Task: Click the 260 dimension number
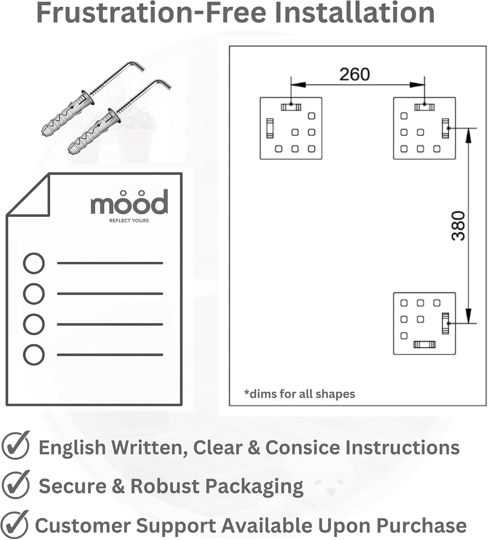(x=355, y=74)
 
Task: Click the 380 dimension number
(x=458, y=226)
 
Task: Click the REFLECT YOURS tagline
(x=129, y=221)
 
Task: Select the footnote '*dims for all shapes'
(x=299, y=394)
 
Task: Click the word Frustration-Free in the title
(x=151, y=13)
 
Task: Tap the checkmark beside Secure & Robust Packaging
(x=16, y=484)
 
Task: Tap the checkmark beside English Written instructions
(x=16, y=445)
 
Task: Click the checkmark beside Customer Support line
(x=15, y=524)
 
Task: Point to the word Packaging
(x=254, y=487)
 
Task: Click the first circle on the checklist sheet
(x=34, y=263)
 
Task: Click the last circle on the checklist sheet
(x=34, y=355)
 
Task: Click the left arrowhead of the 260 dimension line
(x=298, y=85)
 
